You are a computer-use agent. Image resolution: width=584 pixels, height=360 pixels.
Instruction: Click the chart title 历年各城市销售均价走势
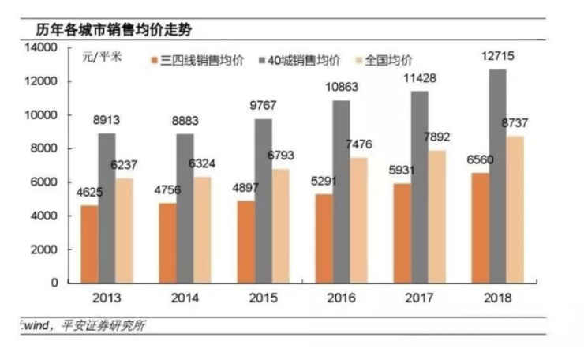click(x=114, y=30)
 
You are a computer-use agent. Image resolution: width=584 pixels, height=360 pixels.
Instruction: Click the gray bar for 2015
click(x=263, y=201)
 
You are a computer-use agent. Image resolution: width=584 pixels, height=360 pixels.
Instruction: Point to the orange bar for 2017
click(x=402, y=232)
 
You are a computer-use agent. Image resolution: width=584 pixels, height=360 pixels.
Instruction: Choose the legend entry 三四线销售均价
click(x=197, y=60)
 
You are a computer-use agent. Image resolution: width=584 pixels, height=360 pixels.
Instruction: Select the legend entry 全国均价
click(x=387, y=60)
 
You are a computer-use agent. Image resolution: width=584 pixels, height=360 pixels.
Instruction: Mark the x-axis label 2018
click(x=496, y=298)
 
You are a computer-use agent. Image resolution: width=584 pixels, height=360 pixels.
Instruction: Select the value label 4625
click(x=90, y=192)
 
